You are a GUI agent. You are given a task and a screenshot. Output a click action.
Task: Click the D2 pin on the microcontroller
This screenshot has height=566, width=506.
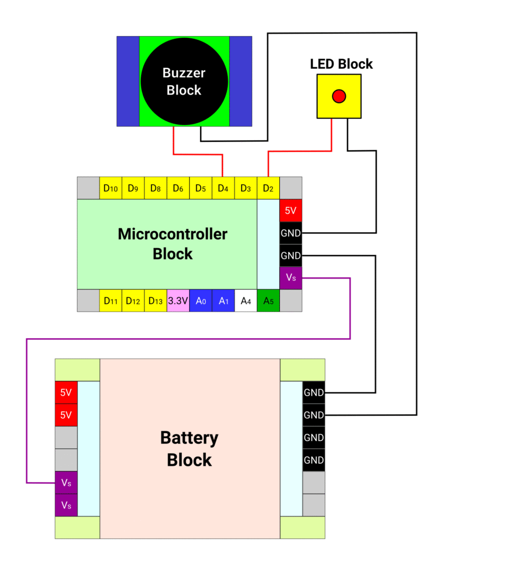pyautogui.click(x=268, y=188)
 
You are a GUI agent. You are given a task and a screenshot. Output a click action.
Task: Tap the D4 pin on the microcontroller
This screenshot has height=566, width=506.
pyautogui.click(x=223, y=188)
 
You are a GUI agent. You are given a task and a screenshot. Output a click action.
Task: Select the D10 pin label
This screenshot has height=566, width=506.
pyautogui.click(x=111, y=188)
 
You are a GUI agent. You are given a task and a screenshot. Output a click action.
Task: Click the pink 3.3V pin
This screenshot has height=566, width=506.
pyautogui.click(x=178, y=301)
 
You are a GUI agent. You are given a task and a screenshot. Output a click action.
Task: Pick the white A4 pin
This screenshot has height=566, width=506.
pyautogui.click(x=246, y=301)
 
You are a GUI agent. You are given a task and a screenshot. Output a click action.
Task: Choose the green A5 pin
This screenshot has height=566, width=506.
pyautogui.click(x=268, y=301)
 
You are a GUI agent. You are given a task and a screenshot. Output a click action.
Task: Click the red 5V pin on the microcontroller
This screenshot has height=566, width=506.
pyautogui.click(x=291, y=211)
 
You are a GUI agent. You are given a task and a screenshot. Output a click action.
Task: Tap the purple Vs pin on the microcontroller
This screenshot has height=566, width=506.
pyautogui.click(x=291, y=278)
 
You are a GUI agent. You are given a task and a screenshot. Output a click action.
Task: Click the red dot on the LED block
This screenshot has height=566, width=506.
pyautogui.click(x=338, y=97)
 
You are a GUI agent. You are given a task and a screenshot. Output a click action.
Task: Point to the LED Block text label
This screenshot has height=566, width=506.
pyautogui.click(x=341, y=64)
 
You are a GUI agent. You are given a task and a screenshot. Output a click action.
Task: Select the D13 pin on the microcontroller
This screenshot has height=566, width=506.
pyautogui.click(x=155, y=301)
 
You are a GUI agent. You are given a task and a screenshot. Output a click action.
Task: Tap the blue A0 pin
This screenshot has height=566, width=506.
pyautogui.click(x=201, y=301)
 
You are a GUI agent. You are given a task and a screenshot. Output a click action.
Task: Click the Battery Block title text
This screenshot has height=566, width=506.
pyautogui.click(x=189, y=449)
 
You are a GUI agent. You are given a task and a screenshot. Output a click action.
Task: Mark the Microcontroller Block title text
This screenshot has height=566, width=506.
pyautogui.click(x=173, y=244)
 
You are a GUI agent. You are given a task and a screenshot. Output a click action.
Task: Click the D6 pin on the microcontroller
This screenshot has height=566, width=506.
pyautogui.click(x=178, y=188)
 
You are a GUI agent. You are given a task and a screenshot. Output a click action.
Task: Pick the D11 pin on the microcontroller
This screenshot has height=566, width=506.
pyautogui.click(x=111, y=301)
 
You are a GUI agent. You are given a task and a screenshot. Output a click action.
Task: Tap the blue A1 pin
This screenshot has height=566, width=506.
pyautogui.click(x=223, y=301)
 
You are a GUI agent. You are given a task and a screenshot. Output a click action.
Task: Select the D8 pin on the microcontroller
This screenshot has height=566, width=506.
pyautogui.click(x=155, y=188)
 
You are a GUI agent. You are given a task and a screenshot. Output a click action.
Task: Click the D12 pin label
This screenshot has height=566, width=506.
pyautogui.click(x=133, y=301)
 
